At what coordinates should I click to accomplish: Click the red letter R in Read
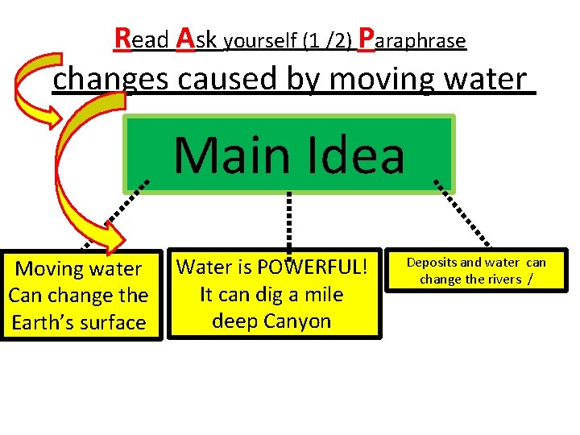tap(124, 38)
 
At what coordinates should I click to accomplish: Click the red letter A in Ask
tap(184, 38)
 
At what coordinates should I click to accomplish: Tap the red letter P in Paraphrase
tap(366, 38)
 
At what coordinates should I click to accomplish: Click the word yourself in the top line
tap(259, 41)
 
